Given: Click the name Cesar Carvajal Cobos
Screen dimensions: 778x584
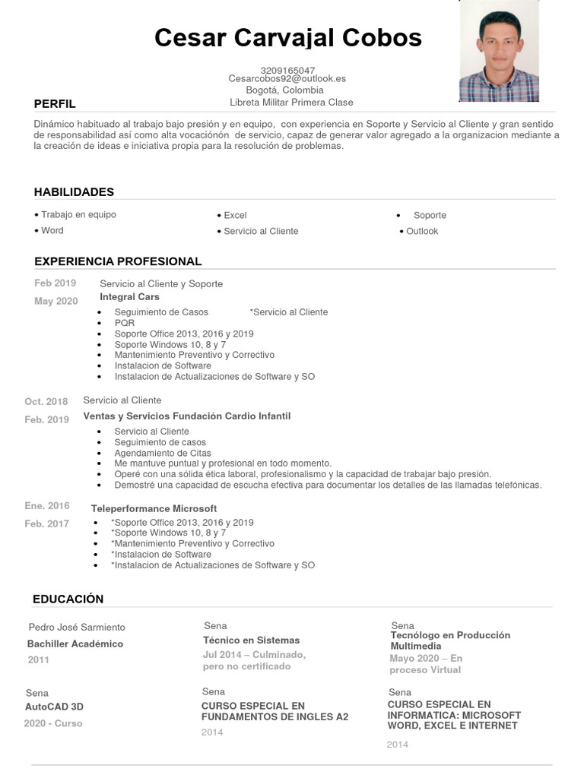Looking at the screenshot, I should [287, 37].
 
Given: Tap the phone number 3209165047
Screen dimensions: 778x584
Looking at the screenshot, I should [287, 70].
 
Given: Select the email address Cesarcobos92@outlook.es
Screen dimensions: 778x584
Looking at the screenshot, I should [287, 78].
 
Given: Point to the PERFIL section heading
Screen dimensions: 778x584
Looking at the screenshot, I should [55, 104].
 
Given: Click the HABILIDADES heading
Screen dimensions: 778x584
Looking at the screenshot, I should [74, 192].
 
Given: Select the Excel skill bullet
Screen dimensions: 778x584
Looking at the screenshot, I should [235, 215].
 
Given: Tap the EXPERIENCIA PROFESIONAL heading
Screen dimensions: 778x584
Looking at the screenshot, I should [118, 261].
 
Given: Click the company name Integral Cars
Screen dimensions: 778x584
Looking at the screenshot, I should [129, 297].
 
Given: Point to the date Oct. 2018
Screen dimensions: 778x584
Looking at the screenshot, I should [46, 401].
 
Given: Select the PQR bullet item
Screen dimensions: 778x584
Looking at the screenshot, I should [125, 323].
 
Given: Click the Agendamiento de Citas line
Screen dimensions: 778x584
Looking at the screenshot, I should [163, 453].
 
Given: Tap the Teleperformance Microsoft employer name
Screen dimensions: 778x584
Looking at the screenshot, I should [154, 508].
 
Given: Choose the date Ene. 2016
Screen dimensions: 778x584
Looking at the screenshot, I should [47, 505].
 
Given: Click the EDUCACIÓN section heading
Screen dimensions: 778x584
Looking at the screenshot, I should [68, 599].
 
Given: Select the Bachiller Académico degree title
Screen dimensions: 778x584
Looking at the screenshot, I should [75, 644].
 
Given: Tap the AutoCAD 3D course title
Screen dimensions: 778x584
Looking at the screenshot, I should [54, 707].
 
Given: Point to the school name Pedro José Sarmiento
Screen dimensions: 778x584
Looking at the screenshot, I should [77, 628].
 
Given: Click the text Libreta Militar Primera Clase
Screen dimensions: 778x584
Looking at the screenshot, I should [291, 102].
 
